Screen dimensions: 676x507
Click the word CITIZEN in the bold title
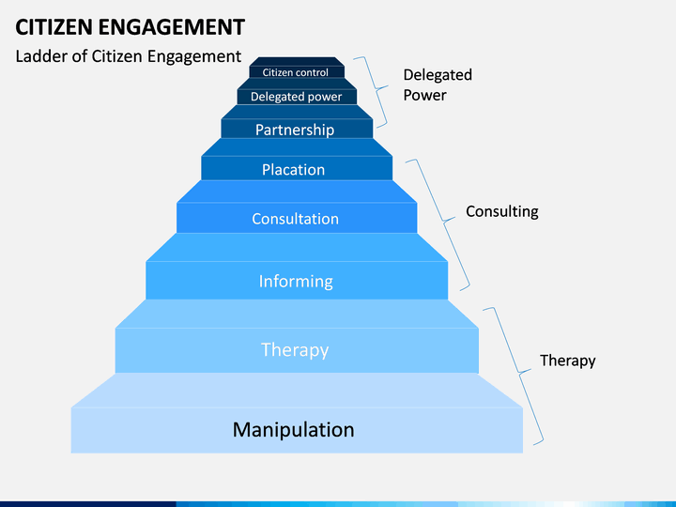tap(54, 27)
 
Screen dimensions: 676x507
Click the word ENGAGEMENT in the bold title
tap(172, 27)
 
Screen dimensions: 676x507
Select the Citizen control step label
tap(296, 72)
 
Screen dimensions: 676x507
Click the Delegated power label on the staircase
tap(296, 97)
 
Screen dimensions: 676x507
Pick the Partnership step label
tap(295, 130)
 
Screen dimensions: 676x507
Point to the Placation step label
tap(293, 169)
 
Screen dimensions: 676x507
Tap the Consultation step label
tap(296, 219)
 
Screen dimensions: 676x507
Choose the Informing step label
tap(296, 282)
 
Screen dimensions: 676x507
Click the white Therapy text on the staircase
tap(295, 349)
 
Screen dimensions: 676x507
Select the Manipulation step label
tap(294, 430)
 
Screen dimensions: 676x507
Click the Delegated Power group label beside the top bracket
tap(438, 84)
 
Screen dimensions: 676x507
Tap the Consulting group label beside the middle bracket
tap(502, 211)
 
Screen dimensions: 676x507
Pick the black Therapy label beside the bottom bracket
tap(568, 361)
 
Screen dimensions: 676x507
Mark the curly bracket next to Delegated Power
tap(377, 89)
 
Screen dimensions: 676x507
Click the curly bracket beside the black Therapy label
tap(519, 372)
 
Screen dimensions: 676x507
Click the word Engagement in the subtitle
tap(194, 56)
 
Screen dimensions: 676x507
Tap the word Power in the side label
tap(424, 95)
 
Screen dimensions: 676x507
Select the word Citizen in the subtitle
tap(116, 56)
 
